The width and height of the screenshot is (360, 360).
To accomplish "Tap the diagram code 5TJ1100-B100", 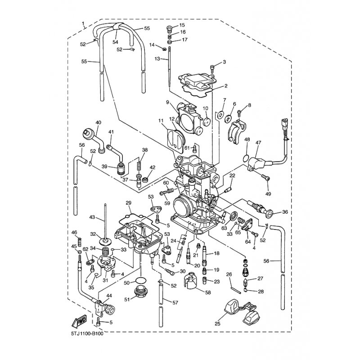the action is tap(87, 333).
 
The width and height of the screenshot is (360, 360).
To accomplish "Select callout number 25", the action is tap(217, 324).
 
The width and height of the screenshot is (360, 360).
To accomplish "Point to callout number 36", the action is tap(285, 212).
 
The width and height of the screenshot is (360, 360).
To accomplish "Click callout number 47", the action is tap(258, 143).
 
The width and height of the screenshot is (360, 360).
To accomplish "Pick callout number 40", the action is tap(98, 122).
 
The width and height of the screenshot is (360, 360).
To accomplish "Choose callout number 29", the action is tap(128, 203).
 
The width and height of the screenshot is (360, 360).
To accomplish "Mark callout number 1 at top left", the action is tap(83, 23).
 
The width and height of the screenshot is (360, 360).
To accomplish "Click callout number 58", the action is tap(208, 292).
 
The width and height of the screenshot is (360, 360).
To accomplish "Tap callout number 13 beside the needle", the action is tap(157, 59).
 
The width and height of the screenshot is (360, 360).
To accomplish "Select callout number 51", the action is tap(127, 299).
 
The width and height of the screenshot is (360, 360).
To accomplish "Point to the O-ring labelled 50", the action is tap(141, 280).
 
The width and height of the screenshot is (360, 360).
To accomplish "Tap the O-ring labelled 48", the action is tap(246, 158).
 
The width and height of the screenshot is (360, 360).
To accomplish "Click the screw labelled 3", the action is tap(212, 68).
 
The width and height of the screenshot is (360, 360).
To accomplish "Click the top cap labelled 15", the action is tap(170, 29).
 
